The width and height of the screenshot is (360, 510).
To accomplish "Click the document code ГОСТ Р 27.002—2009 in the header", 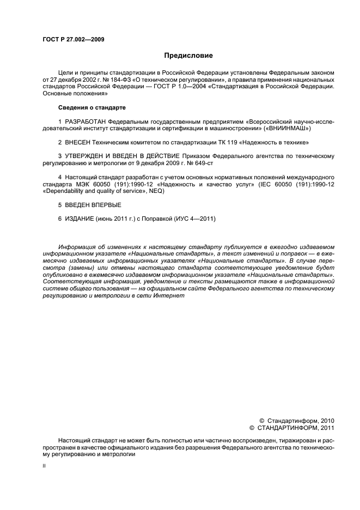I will coord(73,40).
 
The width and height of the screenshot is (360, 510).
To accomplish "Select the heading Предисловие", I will coord(188,56).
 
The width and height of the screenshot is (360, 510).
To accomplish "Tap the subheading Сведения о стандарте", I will coord(91,108).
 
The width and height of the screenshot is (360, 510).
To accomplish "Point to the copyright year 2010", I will coord(325,421).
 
